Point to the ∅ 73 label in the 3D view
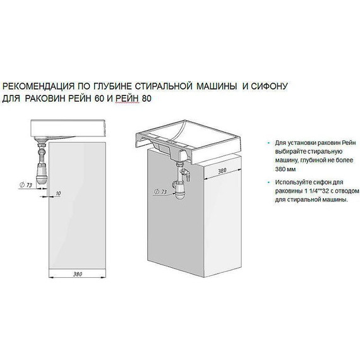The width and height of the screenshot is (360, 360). pos(161,190)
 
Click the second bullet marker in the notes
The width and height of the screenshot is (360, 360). pos(268,182)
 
